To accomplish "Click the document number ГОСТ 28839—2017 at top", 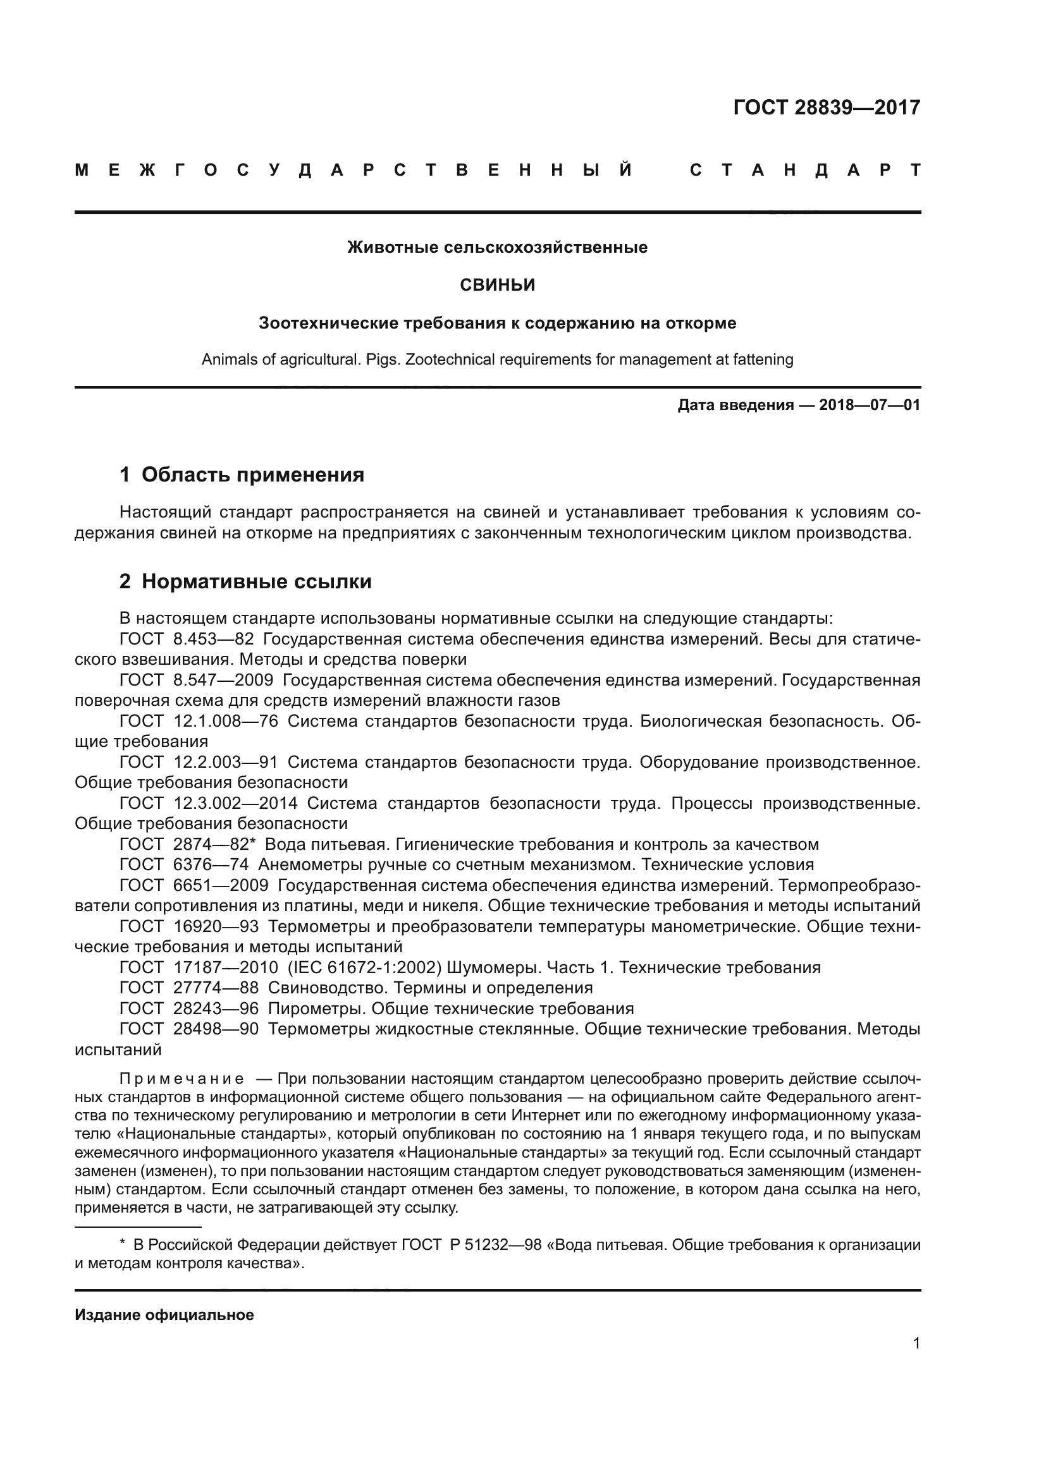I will pos(827,107).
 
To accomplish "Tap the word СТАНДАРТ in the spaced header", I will pos(804,171).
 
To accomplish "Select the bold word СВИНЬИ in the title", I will pos(497,284).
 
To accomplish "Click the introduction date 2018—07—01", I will pos(870,405).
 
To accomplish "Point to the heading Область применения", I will pos(252,475).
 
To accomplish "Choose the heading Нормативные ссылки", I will pos(256,581).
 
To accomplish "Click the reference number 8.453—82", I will pos(213,639).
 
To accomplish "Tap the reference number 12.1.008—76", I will pos(225,721).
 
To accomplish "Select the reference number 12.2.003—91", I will pos(225,762).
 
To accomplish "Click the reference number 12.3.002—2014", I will pos(235,803).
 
